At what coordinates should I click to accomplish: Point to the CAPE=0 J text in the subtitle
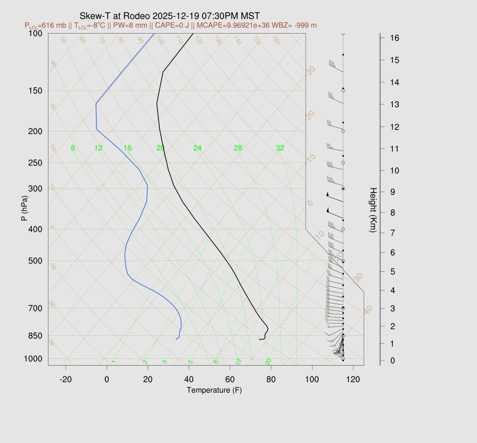(x=170, y=25)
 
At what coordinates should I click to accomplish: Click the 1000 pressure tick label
(x=33, y=359)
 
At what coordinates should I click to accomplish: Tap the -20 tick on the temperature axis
(x=66, y=379)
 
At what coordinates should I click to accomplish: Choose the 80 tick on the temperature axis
(x=271, y=379)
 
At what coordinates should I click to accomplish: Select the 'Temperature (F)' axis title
(x=214, y=390)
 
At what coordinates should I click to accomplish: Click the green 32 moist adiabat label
(x=280, y=148)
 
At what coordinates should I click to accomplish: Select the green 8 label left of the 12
(x=73, y=148)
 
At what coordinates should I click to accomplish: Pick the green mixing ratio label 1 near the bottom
(x=113, y=362)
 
